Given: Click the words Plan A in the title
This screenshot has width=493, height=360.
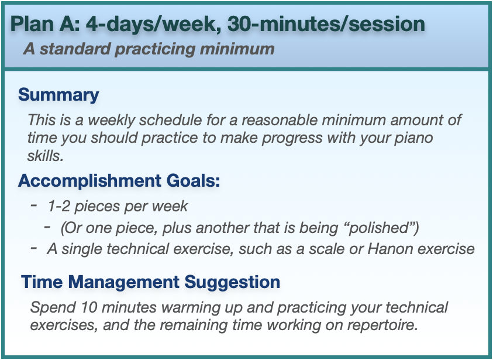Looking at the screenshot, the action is pos(45,24).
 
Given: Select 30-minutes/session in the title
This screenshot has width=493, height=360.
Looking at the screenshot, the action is pos(326,24).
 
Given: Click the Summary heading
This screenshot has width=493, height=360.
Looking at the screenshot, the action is pos(58,94).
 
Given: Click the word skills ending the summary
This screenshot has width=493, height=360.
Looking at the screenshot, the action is pos(45,156).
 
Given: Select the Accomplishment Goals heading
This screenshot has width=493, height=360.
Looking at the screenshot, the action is pos(119,181).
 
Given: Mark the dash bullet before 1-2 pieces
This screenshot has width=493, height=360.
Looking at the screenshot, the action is pos(34,205).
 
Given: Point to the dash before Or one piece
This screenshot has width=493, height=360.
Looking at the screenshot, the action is pos(47,227).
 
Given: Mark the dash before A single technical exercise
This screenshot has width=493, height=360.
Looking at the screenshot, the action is pos(34,248).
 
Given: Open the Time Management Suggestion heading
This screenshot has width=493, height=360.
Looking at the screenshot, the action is pos(151,282).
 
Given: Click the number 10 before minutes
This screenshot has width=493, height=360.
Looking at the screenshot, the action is pos(89,307).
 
